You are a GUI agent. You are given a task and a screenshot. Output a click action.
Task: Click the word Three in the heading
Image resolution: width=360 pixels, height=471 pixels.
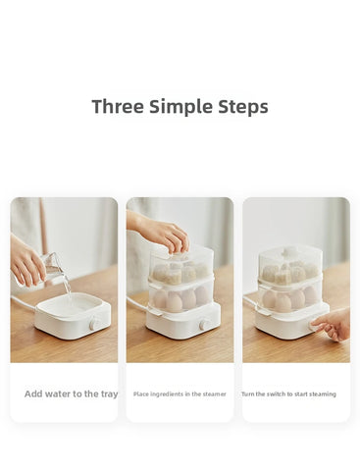(x=116, y=107)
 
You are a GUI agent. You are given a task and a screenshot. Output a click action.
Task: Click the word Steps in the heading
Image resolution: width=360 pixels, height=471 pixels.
(x=243, y=107)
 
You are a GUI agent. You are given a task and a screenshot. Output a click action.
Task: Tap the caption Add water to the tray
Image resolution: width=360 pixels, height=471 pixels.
(x=71, y=393)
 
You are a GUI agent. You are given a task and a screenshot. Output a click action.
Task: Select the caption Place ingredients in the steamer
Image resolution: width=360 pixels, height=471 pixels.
(x=180, y=393)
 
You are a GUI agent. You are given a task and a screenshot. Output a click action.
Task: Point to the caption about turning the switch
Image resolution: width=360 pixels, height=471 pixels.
(x=288, y=393)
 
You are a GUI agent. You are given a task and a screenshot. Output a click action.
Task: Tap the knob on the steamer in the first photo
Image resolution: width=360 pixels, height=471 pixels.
(x=93, y=323)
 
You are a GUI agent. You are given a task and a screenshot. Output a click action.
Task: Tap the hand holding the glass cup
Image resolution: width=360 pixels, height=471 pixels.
(x=27, y=263)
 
